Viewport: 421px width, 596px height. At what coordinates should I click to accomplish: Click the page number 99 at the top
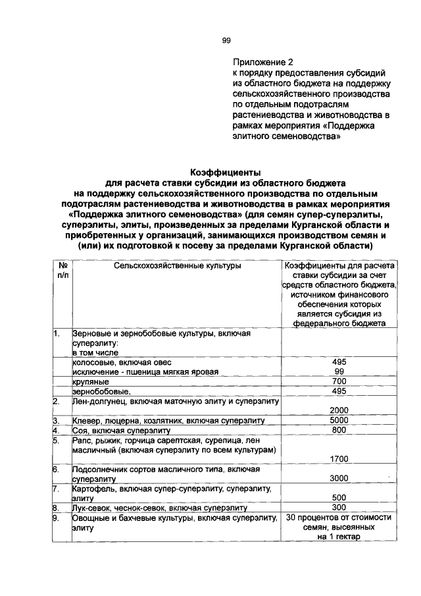pos(226,41)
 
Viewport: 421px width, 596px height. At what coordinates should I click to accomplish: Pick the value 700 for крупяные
pos(339,381)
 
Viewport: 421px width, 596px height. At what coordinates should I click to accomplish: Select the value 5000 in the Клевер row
pos(339,420)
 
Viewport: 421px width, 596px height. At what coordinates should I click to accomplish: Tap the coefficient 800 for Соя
pos(339,430)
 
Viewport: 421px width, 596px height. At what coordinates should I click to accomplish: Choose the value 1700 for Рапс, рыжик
pos(339,459)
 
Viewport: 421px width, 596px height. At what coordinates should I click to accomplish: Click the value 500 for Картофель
pos(339,499)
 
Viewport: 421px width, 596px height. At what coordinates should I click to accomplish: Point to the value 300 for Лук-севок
pos(339,508)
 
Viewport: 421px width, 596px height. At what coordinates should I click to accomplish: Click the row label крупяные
pos(91,382)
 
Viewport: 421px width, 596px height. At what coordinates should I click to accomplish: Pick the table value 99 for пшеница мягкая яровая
pos(339,371)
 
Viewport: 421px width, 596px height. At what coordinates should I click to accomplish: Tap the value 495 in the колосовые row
pos(339,362)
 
